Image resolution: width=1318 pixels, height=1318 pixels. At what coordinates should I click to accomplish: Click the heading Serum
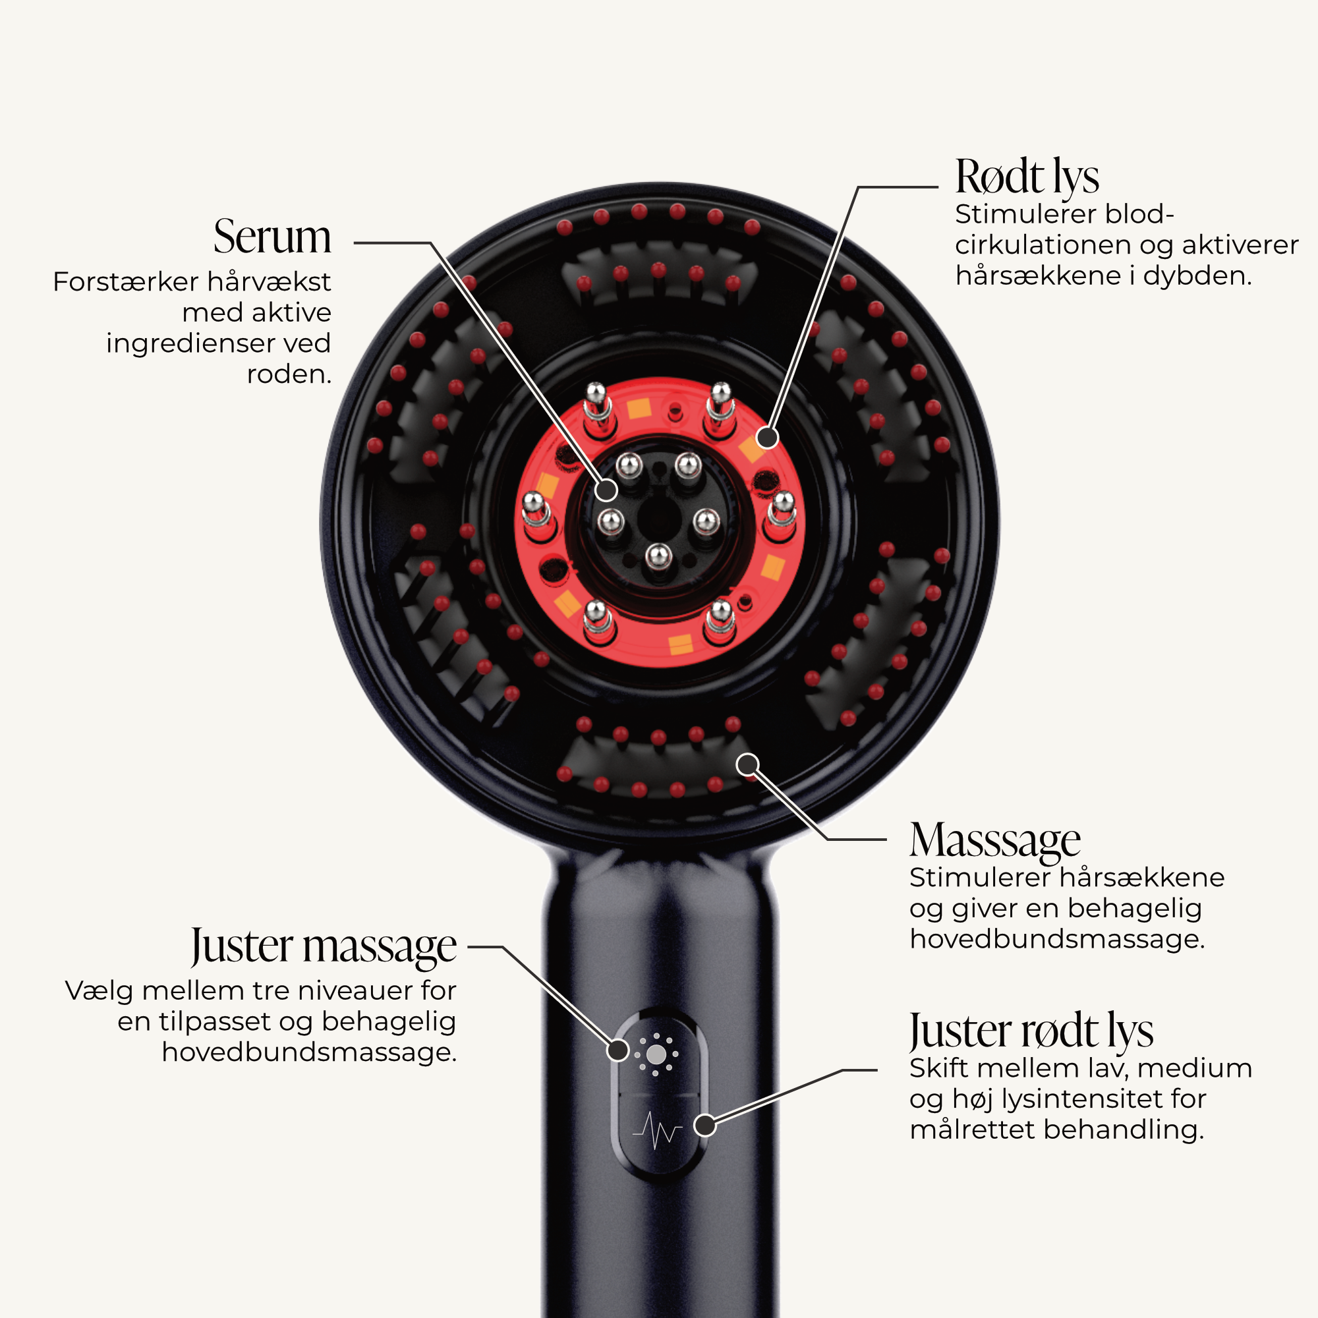272,237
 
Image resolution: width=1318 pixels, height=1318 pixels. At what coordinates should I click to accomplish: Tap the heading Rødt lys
1027,177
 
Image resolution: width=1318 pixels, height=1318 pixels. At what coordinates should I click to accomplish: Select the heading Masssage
994,841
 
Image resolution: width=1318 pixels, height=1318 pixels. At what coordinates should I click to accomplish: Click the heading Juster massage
324,947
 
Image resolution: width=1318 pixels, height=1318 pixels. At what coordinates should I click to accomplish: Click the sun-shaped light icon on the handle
656,1055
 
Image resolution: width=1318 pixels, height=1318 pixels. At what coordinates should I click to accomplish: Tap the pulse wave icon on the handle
656,1130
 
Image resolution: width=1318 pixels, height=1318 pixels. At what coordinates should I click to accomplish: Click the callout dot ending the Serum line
606,490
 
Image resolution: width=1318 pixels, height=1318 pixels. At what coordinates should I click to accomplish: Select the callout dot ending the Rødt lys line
768,438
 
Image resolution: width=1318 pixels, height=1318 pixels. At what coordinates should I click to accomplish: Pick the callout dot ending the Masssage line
748,764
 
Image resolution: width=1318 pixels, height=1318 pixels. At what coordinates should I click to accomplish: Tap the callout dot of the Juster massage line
617,1050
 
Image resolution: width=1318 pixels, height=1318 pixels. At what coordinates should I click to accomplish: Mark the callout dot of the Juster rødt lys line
704,1125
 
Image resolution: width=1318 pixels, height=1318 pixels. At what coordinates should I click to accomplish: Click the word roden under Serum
289,374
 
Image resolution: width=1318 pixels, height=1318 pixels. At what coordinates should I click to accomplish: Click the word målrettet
972,1129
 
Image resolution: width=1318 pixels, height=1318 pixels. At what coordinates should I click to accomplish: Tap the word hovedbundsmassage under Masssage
1057,939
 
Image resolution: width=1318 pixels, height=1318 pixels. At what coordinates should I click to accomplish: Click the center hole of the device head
660,521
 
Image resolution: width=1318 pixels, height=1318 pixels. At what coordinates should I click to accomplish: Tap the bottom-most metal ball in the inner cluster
658,556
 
